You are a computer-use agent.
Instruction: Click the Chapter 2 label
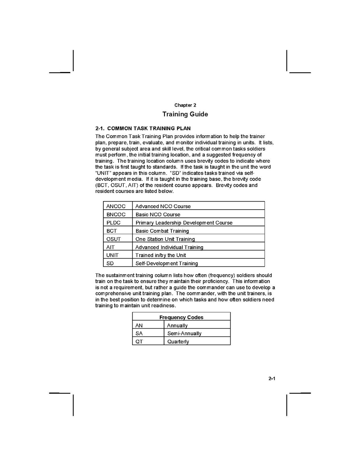tap(185, 105)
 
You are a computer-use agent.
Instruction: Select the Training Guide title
tap(185, 114)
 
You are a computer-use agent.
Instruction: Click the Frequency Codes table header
tap(181, 317)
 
